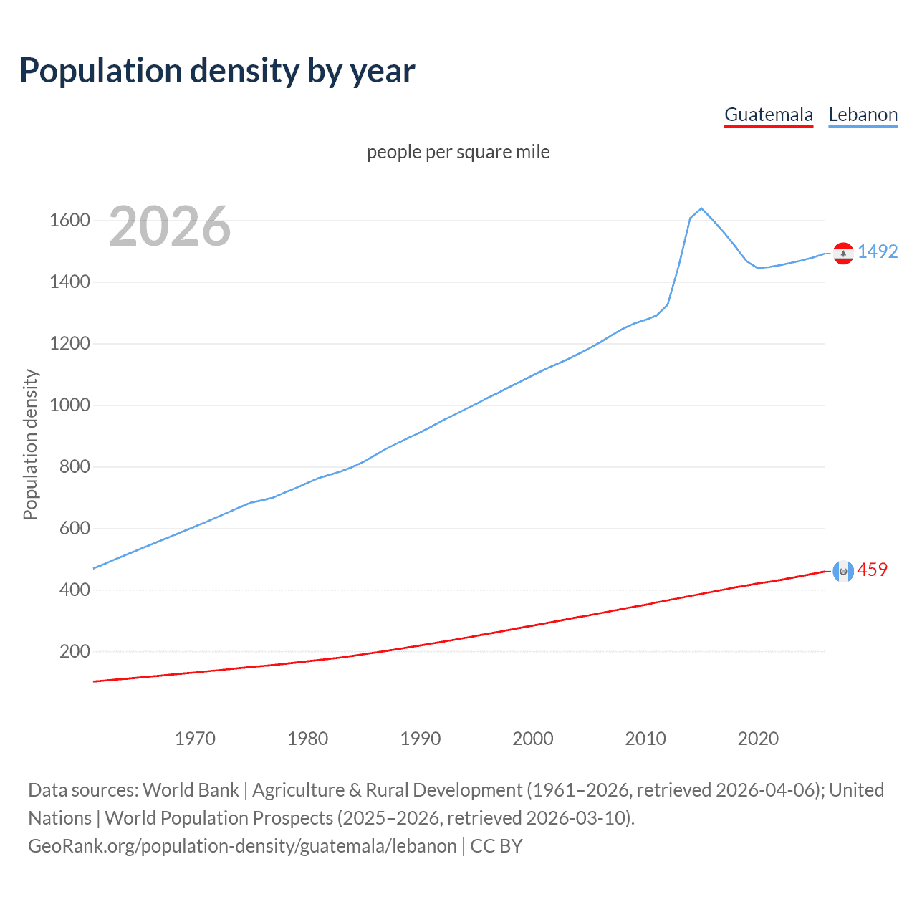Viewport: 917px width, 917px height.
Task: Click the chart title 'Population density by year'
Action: click(x=217, y=71)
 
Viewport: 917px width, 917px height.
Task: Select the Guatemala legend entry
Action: click(x=769, y=115)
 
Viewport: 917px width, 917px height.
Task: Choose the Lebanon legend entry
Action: click(x=863, y=115)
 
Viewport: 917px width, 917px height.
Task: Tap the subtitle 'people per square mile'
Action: click(x=458, y=152)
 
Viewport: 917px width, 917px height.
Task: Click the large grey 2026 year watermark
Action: click(x=170, y=226)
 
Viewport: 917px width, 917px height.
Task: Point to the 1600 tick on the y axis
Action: click(x=69, y=220)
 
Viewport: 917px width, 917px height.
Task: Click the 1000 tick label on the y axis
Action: click(x=69, y=405)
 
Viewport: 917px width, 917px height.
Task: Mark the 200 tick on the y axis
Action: click(x=75, y=651)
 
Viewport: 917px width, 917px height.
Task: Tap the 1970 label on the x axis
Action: click(x=195, y=739)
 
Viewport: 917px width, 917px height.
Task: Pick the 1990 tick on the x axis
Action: click(x=421, y=739)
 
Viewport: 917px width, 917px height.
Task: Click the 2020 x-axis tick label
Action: click(x=758, y=739)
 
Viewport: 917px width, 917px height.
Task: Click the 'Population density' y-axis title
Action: click(x=30, y=444)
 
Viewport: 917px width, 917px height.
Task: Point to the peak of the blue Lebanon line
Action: click(x=701, y=208)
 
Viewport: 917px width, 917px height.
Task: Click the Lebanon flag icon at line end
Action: click(x=843, y=254)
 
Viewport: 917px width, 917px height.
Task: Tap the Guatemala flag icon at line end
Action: click(x=843, y=571)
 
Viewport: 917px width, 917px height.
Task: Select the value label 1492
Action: click(x=878, y=251)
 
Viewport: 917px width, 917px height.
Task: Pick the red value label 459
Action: click(x=872, y=570)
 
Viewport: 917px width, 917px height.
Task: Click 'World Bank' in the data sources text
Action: click(x=191, y=790)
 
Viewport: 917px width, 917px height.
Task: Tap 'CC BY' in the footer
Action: click(x=496, y=846)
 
